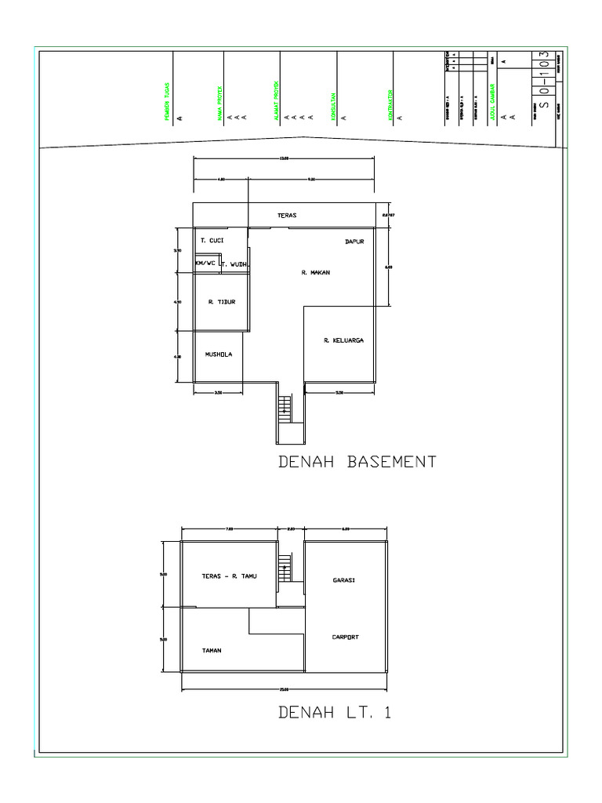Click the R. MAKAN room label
point(315,273)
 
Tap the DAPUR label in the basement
point(355,242)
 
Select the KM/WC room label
point(205,264)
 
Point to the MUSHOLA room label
point(219,354)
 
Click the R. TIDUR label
point(222,301)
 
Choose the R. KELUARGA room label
point(343,341)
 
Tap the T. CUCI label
point(212,241)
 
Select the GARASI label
point(344,580)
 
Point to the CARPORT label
point(345,638)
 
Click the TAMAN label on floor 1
point(212,650)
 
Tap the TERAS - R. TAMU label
point(230,576)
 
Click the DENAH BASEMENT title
point(357,462)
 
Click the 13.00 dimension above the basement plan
point(284,158)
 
